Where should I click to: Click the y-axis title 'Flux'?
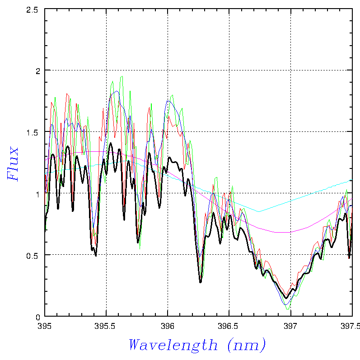(x=13, y=164)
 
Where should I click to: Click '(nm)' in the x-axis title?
(x=247, y=346)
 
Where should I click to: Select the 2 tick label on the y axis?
(x=38, y=70)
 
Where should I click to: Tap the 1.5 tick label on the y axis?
(x=34, y=132)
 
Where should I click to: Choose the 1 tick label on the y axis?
(x=38, y=193)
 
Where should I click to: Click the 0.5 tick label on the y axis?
(x=34, y=255)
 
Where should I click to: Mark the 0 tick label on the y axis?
(x=38, y=316)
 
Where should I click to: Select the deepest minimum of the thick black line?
(x=286, y=298)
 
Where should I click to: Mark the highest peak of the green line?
(x=122, y=76)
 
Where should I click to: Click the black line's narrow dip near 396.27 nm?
(x=201, y=282)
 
